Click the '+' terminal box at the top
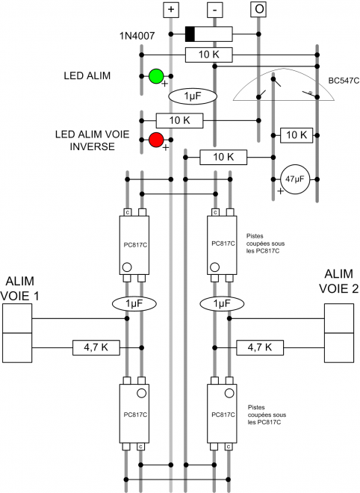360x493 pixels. pyautogui.click(x=171, y=9)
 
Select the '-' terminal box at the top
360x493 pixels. pyautogui.click(x=215, y=9)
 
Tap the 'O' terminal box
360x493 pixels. pyautogui.click(x=258, y=9)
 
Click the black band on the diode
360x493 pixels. pyautogui.click(x=190, y=34)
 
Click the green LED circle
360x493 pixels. pyautogui.click(x=156, y=76)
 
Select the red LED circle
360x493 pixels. pyautogui.click(x=156, y=140)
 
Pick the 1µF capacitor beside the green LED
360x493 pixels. pyautogui.click(x=193, y=96)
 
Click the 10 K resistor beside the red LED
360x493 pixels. pyautogui.click(x=179, y=120)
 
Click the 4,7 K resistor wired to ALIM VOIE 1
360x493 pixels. pyautogui.click(x=95, y=347)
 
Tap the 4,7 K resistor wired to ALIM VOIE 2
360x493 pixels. pyautogui.click(x=259, y=347)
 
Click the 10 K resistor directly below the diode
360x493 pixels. pyautogui.click(x=208, y=55)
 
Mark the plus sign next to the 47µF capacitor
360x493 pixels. pyautogui.click(x=281, y=191)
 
